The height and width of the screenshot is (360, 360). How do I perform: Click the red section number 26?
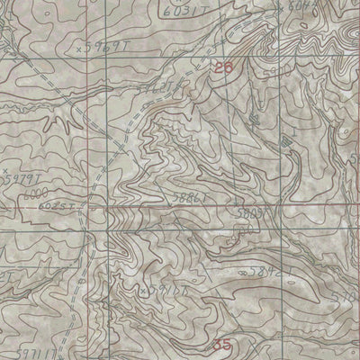224,67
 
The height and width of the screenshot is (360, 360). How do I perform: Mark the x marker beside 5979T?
4,168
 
